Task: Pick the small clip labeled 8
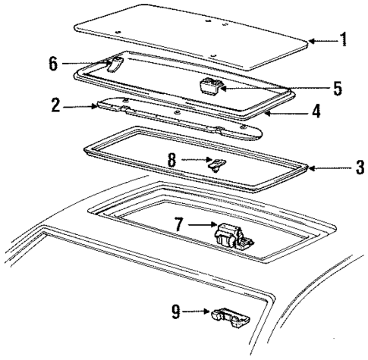pyautogui.click(x=216, y=163)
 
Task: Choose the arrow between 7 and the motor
pyautogui.click(x=200, y=225)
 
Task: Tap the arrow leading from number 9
pyautogui.click(x=199, y=311)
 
